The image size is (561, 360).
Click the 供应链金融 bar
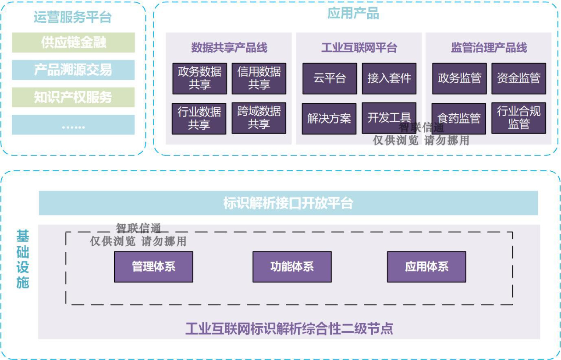tap(73, 42)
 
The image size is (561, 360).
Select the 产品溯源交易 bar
tap(73, 70)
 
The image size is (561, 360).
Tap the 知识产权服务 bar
tap(73, 97)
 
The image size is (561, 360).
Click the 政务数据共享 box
tap(199, 78)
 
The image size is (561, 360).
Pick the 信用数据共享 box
tap(259, 78)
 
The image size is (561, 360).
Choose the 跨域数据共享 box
tap(259, 118)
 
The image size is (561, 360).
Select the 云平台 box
tap(330, 78)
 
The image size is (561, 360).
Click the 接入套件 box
tap(389, 78)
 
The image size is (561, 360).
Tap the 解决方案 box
tap(329, 118)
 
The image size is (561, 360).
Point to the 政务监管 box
tap(459, 78)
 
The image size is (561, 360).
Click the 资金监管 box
tap(518, 78)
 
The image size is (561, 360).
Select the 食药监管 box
tap(459, 118)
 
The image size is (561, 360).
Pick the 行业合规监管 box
tap(518, 118)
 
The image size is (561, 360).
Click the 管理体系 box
tap(153, 267)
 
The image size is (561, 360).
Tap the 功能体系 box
tap(292, 267)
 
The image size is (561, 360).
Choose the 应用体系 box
tap(426, 267)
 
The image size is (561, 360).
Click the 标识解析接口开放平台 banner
tap(288, 203)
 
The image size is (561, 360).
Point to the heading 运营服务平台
tap(73, 17)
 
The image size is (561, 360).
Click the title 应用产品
tap(353, 14)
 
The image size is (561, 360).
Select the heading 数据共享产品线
tap(229, 47)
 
